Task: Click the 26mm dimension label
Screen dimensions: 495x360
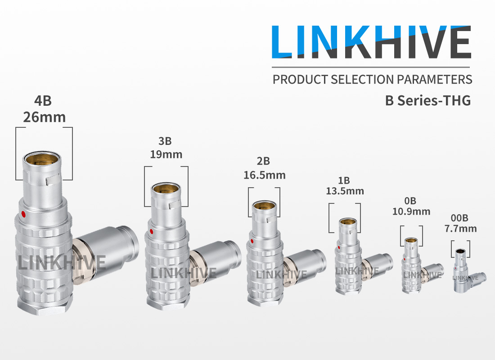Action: point(44,117)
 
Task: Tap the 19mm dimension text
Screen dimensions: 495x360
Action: point(166,154)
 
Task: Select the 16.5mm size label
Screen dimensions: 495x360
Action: point(265,175)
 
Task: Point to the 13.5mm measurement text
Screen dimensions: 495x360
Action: point(345,191)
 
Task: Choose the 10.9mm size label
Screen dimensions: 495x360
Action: point(411,211)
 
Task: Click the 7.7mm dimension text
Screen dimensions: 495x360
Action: point(461,228)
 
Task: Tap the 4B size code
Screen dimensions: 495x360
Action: point(43,101)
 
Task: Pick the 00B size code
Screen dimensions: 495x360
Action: point(459,218)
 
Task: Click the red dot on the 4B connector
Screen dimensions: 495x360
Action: point(23,214)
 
